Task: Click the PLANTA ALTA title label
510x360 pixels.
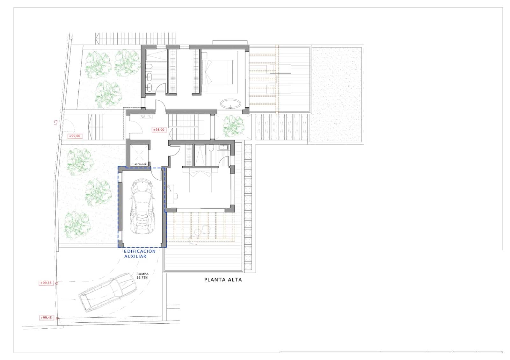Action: pyautogui.click(x=223, y=280)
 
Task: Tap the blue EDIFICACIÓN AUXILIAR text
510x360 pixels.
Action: pyautogui.click(x=139, y=254)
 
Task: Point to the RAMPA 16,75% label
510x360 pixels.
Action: pyautogui.click(x=142, y=276)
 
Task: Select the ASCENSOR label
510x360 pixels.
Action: pyautogui.click(x=140, y=164)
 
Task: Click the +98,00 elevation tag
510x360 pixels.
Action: pyautogui.click(x=159, y=130)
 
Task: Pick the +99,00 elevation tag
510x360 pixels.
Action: pyautogui.click(x=75, y=136)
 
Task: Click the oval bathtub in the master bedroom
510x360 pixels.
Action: pyautogui.click(x=231, y=104)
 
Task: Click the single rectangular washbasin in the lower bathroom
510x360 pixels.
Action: pyautogui.click(x=223, y=147)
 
